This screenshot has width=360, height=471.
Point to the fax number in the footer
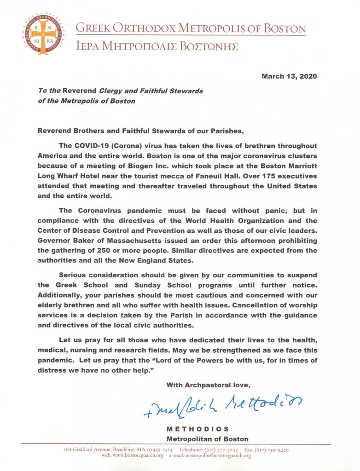(x=272, y=449)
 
